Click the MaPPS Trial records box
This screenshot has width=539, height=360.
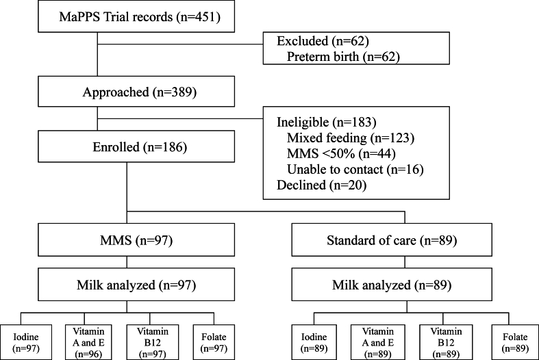[x=136, y=16]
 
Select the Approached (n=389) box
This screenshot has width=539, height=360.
[x=136, y=92]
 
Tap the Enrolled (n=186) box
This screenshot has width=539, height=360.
[x=136, y=146]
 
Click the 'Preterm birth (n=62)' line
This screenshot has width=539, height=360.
[x=343, y=57]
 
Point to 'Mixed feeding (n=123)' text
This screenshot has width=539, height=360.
[x=351, y=138]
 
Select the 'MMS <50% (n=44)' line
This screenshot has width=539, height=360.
[x=341, y=153]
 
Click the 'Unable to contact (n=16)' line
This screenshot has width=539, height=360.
[x=355, y=169]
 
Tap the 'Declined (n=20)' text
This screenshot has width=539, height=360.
[x=321, y=185]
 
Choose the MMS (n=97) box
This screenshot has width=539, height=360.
[x=136, y=240]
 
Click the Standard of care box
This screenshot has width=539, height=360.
[x=392, y=240]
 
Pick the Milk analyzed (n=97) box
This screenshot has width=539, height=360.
[x=136, y=285]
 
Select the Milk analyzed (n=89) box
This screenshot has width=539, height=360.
[x=392, y=285]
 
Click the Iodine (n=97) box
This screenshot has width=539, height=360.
[x=26, y=342]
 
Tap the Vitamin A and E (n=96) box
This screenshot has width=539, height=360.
[x=88, y=342]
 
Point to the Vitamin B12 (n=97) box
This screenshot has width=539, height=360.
[x=152, y=342]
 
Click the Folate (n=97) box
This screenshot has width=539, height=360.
[x=214, y=342]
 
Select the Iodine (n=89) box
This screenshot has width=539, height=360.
[x=314, y=342]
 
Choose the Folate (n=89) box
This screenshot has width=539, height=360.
[x=515, y=342]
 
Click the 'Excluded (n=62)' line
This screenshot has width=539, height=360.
[x=323, y=41]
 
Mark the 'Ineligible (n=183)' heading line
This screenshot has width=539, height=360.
[x=327, y=122]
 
